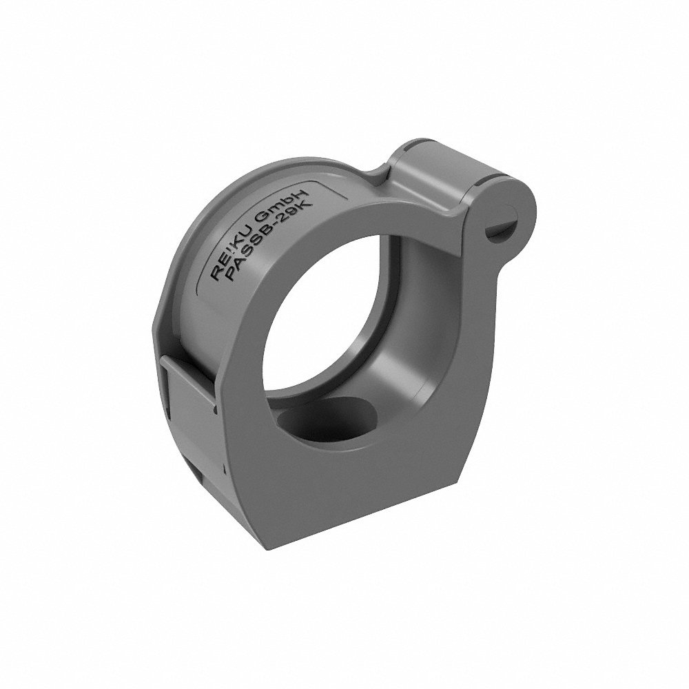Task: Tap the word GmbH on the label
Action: (288, 211)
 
